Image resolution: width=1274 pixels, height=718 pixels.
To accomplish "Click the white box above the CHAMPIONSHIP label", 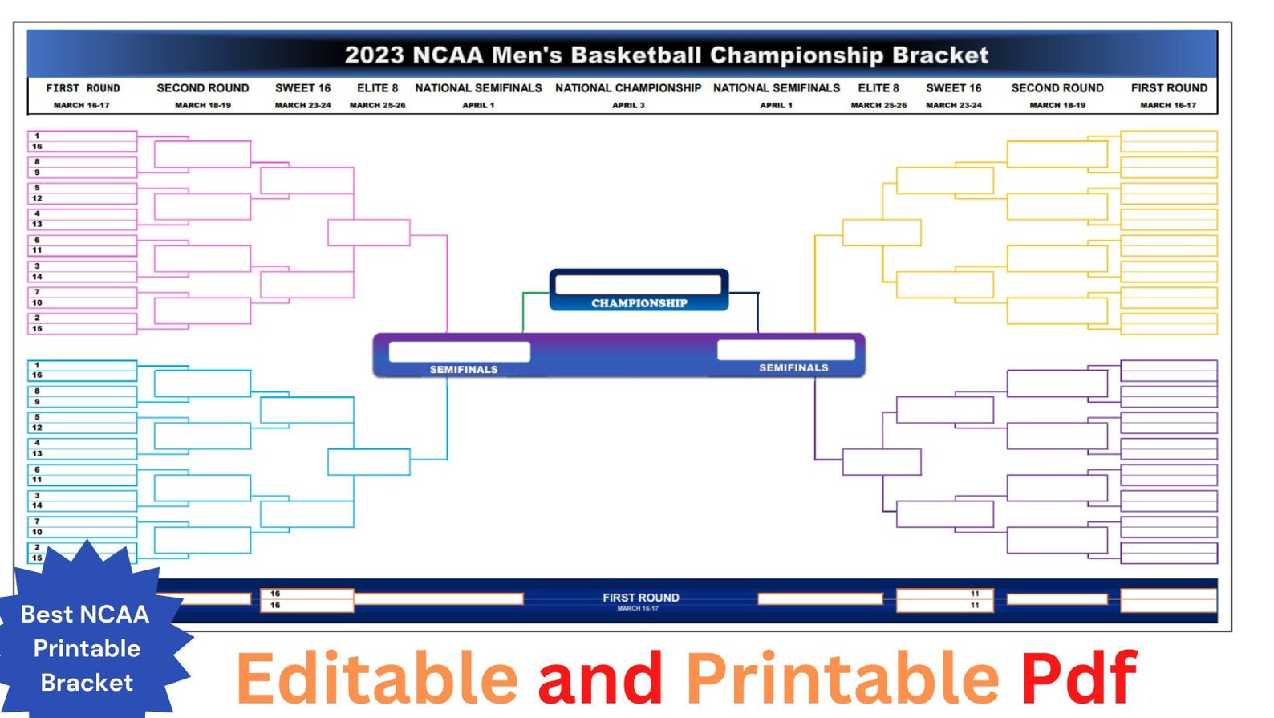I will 638,285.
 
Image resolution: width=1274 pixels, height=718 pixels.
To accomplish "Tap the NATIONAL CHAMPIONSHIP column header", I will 627,88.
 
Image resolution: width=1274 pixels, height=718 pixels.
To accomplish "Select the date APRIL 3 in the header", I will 627,105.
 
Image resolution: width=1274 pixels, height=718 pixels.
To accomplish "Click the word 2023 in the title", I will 374,55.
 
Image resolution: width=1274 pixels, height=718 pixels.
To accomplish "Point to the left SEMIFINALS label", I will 463,370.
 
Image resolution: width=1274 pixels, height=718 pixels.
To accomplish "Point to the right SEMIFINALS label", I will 793,368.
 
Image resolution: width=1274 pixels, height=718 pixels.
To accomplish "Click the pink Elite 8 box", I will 368,233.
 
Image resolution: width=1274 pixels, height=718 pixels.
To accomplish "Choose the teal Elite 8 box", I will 368,462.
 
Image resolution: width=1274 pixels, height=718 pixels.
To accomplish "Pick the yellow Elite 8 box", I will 881,233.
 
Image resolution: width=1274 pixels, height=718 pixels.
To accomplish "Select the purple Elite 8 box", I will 881,462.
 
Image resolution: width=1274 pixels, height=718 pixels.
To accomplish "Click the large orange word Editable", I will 376,679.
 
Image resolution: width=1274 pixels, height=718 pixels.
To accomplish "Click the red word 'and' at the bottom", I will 600,679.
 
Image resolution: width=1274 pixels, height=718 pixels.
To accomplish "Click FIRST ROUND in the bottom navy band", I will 640,598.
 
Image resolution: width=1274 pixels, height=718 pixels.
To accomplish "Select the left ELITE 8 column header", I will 377,88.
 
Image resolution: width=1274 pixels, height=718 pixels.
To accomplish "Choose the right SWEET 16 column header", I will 953,88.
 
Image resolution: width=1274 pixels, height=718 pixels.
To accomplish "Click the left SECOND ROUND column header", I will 202,88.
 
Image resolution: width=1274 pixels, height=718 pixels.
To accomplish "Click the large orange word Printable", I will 842,679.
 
